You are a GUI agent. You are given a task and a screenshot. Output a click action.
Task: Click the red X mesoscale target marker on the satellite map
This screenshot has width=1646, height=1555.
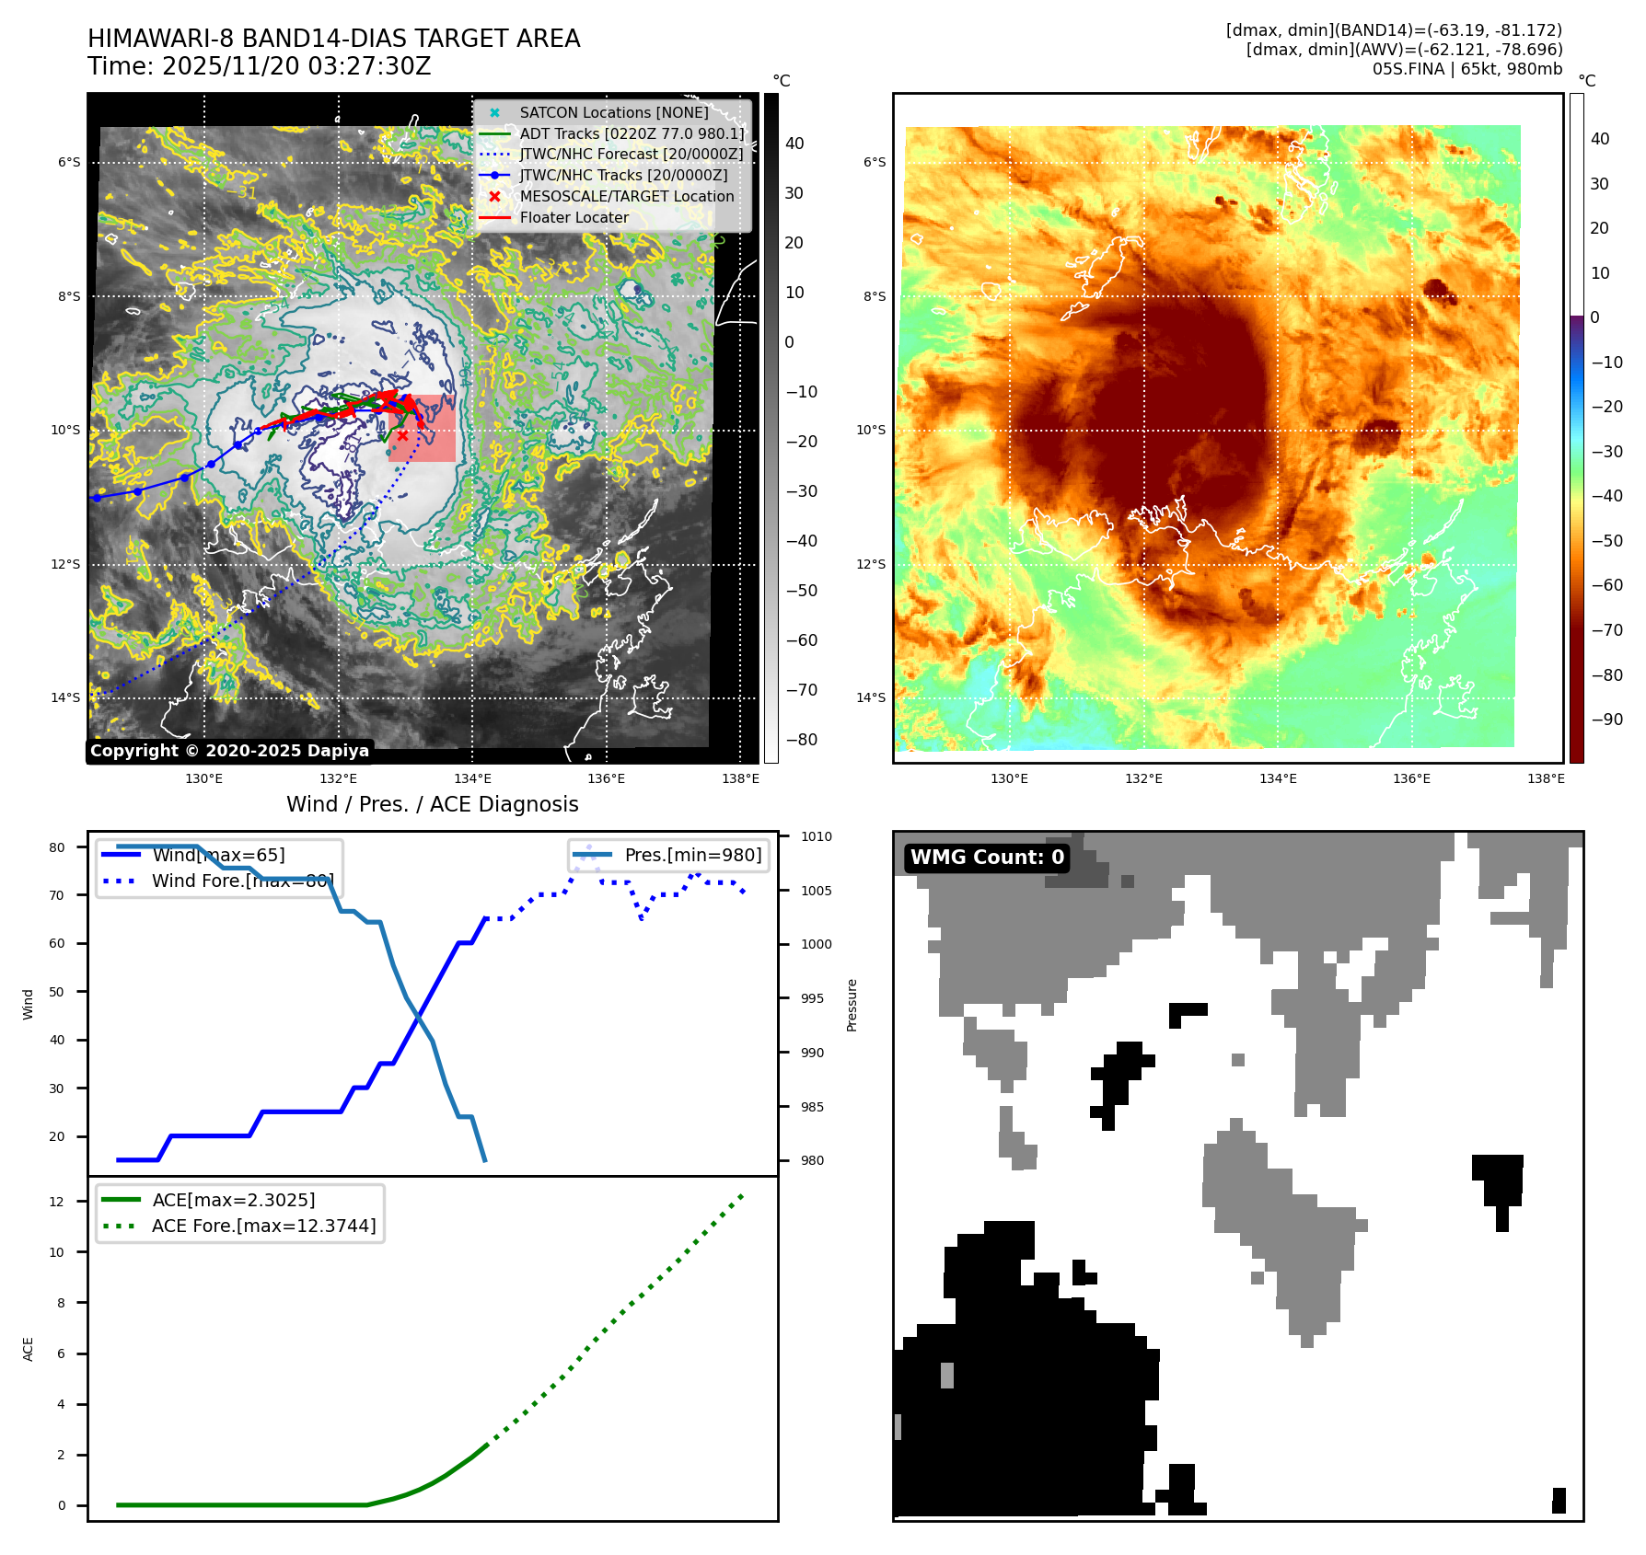(x=402, y=435)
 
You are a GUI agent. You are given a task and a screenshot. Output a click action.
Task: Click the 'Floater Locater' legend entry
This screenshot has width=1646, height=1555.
(x=574, y=218)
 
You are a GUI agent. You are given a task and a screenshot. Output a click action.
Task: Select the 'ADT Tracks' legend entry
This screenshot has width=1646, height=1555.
(x=631, y=133)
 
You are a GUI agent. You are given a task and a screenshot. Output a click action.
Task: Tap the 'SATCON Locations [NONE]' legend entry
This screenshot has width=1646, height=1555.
(x=613, y=112)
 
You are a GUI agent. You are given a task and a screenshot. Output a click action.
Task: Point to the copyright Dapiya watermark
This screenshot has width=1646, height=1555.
(x=229, y=751)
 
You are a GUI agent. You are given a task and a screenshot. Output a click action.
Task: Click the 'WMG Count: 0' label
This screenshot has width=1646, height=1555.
(x=987, y=858)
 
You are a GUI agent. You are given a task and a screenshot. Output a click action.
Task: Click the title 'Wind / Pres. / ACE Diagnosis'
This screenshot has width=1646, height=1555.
(x=432, y=804)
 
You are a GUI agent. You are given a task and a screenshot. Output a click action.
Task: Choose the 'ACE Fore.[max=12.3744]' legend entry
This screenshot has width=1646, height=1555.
(x=263, y=1226)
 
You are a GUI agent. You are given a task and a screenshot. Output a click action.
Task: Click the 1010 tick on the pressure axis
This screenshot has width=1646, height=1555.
(x=816, y=836)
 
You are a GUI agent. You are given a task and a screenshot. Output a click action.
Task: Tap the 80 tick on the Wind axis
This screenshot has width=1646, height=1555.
(x=57, y=847)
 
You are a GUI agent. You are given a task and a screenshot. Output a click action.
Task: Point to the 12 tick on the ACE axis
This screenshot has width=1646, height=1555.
(x=57, y=1202)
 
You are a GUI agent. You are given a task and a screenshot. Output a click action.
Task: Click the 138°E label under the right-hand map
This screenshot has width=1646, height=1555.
(x=1546, y=778)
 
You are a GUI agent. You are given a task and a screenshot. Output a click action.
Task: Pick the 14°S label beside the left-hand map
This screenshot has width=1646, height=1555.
(x=65, y=697)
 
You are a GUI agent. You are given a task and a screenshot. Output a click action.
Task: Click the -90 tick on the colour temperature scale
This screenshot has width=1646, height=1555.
(x=1607, y=720)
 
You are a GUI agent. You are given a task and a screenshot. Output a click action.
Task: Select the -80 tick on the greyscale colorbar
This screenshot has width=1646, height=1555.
(x=802, y=740)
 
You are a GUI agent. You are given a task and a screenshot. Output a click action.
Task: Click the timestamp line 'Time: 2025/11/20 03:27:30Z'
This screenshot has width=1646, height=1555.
(x=259, y=66)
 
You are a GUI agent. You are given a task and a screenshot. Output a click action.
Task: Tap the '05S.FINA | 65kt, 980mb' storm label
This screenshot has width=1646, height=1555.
(x=1466, y=69)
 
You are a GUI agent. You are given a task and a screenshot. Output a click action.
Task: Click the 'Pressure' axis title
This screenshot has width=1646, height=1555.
(x=852, y=1005)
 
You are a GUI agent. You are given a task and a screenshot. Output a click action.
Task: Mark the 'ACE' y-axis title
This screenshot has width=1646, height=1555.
(x=29, y=1349)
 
